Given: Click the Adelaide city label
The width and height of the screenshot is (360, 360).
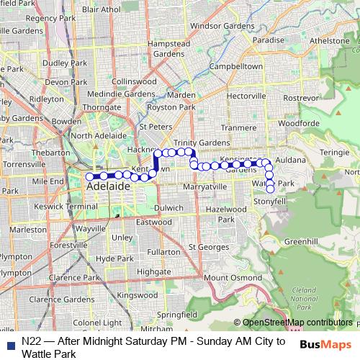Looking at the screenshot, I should point(108,186).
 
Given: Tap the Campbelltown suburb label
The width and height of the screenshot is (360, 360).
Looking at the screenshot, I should point(213,66).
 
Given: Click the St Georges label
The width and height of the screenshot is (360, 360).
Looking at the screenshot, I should point(209,247).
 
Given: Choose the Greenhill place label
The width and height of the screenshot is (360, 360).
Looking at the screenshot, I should point(301,241).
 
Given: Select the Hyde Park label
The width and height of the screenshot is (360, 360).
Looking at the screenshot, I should point(114,258).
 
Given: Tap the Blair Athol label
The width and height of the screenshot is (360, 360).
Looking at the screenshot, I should point(101,9).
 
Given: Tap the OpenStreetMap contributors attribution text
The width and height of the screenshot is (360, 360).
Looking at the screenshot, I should point(297,323).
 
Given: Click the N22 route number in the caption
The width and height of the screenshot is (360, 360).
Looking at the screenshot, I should point(30,341).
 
